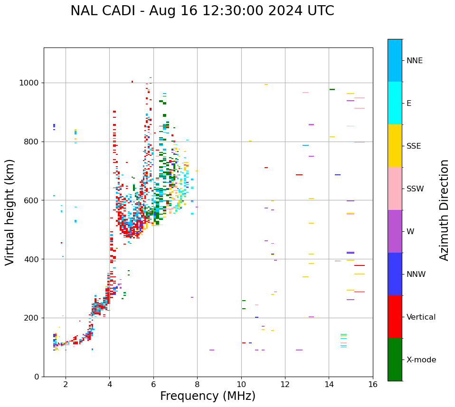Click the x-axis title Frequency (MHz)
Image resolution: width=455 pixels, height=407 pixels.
(x=208, y=396)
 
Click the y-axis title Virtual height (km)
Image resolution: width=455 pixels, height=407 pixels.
(x=10, y=212)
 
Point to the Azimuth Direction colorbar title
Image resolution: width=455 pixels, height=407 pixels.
(x=444, y=209)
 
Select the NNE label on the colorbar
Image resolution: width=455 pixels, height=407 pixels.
(x=414, y=61)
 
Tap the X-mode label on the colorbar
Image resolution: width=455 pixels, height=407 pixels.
(x=421, y=360)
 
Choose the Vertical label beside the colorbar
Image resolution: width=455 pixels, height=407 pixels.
(x=421, y=317)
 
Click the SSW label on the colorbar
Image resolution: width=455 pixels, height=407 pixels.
(x=415, y=189)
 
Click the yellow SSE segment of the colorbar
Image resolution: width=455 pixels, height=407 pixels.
(x=395, y=145)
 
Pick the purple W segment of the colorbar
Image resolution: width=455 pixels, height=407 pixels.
(x=395, y=231)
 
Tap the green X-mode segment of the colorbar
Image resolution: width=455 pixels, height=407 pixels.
(x=395, y=360)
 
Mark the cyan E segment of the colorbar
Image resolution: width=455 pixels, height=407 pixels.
(x=395, y=103)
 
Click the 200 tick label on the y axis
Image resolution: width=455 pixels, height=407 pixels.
(x=33, y=318)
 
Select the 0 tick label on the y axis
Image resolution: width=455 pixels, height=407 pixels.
(x=37, y=377)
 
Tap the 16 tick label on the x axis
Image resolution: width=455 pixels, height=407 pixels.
(x=373, y=384)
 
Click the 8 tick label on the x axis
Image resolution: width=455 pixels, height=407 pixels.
(x=197, y=384)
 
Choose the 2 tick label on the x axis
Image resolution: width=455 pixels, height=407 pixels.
(x=66, y=384)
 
